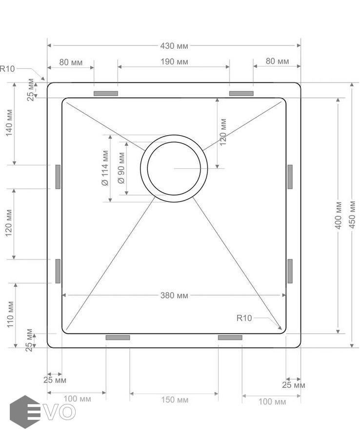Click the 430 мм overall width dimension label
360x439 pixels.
(x=174, y=46)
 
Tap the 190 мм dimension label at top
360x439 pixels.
(x=174, y=61)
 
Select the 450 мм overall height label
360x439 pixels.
(x=353, y=215)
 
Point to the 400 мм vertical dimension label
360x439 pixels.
(x=339, y=215)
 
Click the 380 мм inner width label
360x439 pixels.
(x=174, y=296)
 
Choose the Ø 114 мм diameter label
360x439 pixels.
(x=105, y=168)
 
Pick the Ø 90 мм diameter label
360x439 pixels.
(x=121, y=168)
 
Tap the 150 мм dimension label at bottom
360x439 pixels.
(x=175, y=400)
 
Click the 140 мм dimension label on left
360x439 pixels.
(x=9, y=123)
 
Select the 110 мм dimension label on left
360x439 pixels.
(x=10, y=315)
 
